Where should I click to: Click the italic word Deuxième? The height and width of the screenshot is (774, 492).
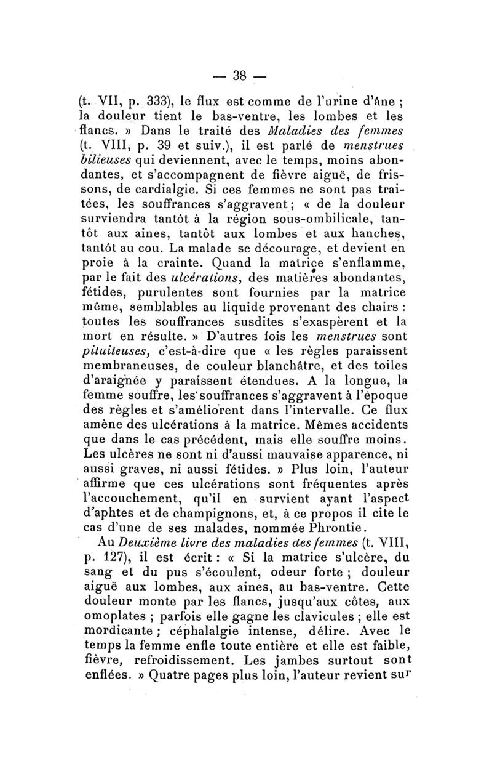pyautogui.click(x=154, y=541)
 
